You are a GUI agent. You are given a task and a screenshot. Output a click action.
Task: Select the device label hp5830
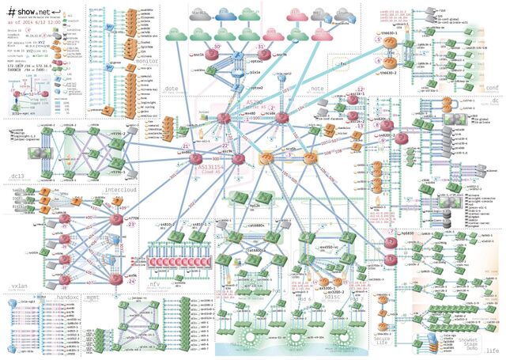tap(407, 234)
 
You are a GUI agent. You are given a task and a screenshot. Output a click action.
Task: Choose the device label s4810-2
tap(166, 225)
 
